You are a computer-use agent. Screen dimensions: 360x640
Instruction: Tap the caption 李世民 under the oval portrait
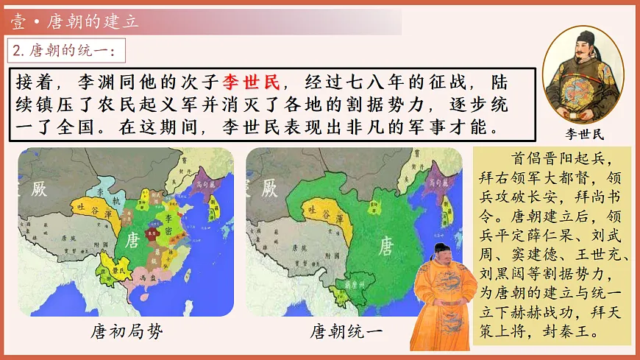click(583, 134)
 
